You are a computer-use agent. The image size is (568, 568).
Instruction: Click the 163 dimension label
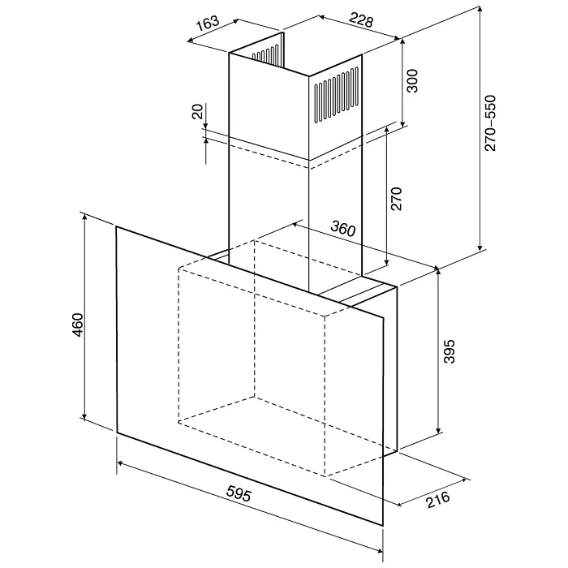tap(208, 23)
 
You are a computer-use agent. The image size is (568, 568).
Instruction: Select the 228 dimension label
tap(361, 20)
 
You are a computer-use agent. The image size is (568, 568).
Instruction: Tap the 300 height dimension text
tap(412, 81)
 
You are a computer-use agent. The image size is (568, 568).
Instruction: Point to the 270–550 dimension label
tap(490, 123)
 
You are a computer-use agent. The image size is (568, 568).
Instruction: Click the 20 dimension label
tap(198, 112)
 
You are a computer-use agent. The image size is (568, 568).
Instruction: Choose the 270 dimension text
tap(396, 199)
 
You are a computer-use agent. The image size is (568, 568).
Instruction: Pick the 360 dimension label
tap(343, 229)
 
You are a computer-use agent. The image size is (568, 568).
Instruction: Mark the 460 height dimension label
tap(78, 325)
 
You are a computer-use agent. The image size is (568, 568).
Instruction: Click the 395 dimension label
tap(449, 351)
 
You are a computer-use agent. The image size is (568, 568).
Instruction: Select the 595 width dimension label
tap(239, 493)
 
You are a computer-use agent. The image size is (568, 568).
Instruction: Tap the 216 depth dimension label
tap(438, 500)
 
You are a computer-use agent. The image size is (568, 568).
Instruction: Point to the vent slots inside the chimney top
tap(265, 54)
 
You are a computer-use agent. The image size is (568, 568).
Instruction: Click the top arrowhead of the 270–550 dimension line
tap(480, 9)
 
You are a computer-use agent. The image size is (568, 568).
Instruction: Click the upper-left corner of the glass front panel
tap(116, 226)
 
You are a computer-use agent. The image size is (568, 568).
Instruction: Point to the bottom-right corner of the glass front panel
tap(383, 526)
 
